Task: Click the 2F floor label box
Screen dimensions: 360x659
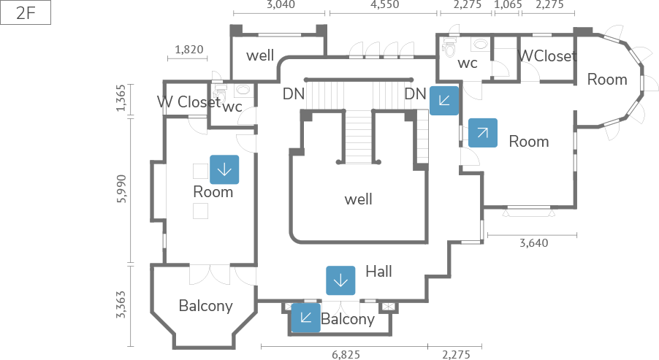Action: [26, 14]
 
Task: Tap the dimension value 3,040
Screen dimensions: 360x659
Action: [281, 4]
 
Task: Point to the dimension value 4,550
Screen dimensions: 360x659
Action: [384, 4]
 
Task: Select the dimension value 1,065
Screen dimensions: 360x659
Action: [508, 4]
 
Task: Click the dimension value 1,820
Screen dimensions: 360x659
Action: [189, 50]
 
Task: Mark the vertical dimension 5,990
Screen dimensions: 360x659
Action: [122, 189]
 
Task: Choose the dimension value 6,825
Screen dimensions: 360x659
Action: [346, 355]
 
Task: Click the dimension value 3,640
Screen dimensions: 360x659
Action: [533, 243]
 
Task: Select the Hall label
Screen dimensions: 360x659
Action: [378, 272]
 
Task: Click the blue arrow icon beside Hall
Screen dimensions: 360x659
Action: [340, 280]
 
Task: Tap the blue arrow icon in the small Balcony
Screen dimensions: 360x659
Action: [305, 318]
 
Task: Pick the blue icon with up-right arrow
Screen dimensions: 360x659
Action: [482, 133]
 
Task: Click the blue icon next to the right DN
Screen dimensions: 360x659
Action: [444, 101]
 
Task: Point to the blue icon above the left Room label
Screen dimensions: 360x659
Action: [224, 169]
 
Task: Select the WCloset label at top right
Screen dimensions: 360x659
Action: [547, 55]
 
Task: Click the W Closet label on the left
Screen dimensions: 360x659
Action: [188, 102]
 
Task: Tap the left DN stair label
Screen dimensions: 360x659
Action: [294, 93]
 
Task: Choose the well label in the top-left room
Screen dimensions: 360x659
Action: [260, 55]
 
